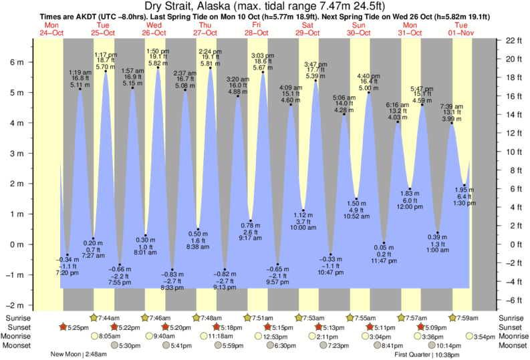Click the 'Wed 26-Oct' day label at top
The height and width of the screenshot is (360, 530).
[155, 29]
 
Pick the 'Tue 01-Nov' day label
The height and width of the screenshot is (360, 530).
[461, 29]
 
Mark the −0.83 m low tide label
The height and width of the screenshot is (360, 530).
[172, 275]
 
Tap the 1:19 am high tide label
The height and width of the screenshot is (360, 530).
[80, 71]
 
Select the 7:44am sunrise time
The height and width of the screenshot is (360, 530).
[109, 317]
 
